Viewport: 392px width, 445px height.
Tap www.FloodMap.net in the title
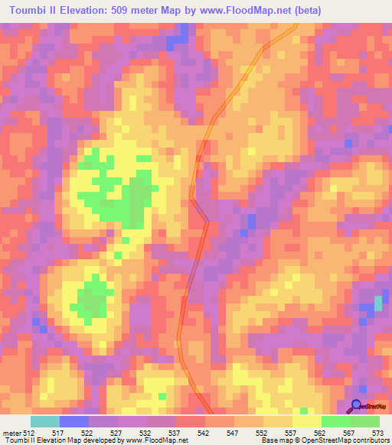pyautogui.click(x=244, y=10)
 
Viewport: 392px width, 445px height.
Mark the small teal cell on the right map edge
pyautogui.click(x=378, y=304)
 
